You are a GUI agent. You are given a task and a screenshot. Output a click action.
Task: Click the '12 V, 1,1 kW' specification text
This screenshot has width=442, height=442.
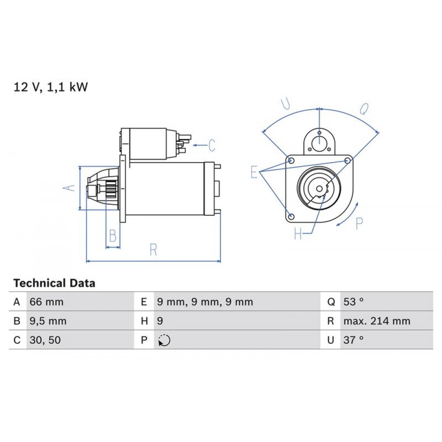(x=51, y=87)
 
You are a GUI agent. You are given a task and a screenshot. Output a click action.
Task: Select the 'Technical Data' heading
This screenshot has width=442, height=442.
(x=54, y=283)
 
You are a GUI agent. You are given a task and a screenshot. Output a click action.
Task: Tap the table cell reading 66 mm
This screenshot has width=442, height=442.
(x=46, y=302)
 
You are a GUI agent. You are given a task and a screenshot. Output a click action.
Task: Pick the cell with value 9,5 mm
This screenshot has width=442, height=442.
(x=48, y=321)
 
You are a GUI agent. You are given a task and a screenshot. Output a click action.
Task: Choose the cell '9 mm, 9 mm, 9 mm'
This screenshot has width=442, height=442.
(x=205, y=302)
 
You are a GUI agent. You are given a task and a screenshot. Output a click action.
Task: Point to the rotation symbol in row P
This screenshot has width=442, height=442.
(x=164, y=341)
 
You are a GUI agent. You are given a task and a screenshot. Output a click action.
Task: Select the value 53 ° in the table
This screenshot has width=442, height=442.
(x=353, y=302)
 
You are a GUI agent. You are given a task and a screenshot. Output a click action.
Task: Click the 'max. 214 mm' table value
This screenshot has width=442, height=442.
(x=377, y=321)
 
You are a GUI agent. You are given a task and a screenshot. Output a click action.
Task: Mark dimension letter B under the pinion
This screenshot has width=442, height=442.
(x=113, y=236)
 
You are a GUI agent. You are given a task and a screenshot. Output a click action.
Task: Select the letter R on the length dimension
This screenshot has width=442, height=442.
(x=153, y=250)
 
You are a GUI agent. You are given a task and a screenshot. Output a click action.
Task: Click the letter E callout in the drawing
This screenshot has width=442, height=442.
(x=254, y=171)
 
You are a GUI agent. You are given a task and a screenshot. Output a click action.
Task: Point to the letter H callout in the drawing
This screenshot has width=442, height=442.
(x=298, y=233)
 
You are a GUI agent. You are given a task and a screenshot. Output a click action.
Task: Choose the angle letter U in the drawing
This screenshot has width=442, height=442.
(x=286, y=104)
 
